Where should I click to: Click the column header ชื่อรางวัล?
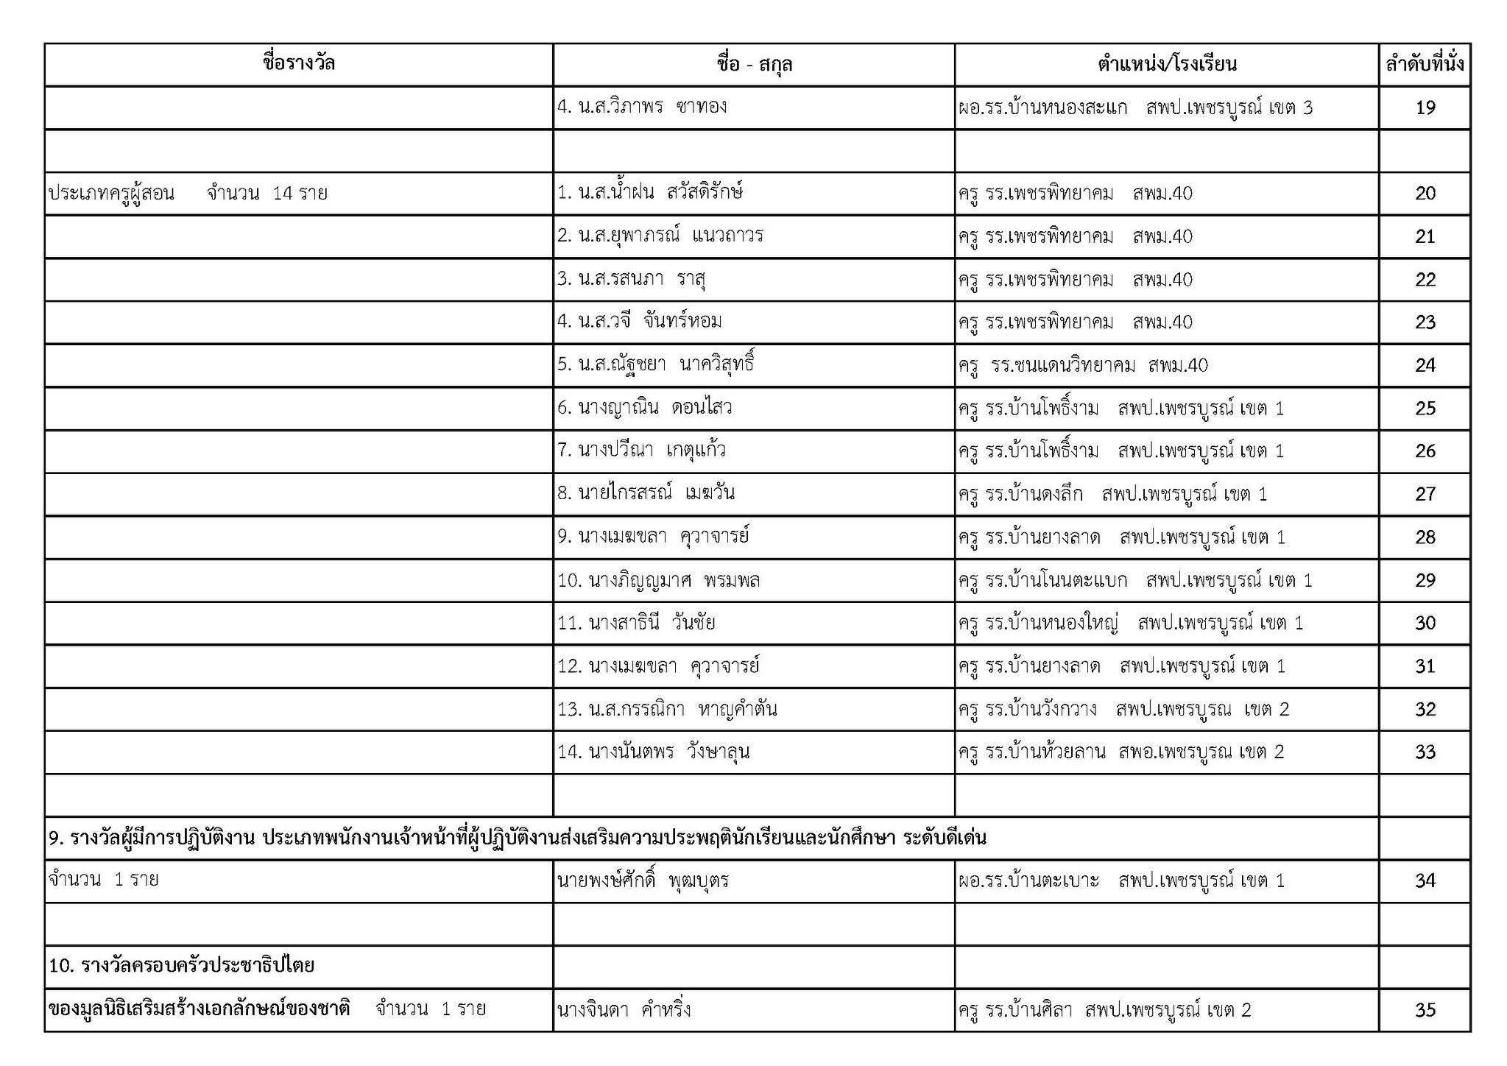click(298, 64)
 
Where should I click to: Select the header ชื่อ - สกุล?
click(753, 65)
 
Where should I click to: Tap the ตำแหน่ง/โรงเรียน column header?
click(1166, 65)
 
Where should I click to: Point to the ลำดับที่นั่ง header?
click(1424, 65)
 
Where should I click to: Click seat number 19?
click(1425, 108)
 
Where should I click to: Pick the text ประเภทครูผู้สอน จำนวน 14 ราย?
click(188, 194)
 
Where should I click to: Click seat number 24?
click(1425, 366)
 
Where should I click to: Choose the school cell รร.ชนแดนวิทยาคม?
click(1083, 365)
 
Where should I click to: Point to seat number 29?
click(1425, 581)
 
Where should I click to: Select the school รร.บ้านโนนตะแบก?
click(1134, 581)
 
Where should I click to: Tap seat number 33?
click(1425, 752)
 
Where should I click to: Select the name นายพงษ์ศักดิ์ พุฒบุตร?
click(643, 880)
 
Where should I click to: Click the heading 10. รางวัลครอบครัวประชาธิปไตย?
click(182, 965)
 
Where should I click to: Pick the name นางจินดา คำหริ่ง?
click(624, 1009)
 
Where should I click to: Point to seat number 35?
click(1425, 1010)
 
